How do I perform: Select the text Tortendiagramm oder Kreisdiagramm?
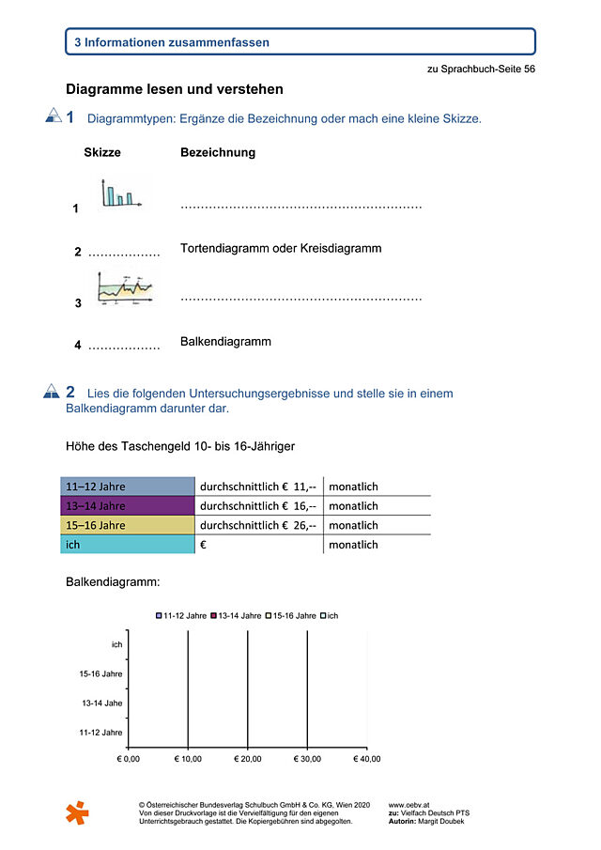pyautogui.click(x=281, y=249)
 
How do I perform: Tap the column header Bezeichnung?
pyautogui.click(x=217, y=152)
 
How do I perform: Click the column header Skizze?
pyautogui.click(x=102, y=152)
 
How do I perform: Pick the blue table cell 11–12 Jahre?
pyautogui.click(x=127, y=487)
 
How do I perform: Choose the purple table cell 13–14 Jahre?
pyautogui.click(x=127, y=505)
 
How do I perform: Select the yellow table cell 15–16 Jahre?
pyautogui.click(x=127, y=525)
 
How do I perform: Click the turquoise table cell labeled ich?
pyautogui.click(x=127, y=545)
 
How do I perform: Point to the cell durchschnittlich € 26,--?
pyautogui.click(x=258, y=525)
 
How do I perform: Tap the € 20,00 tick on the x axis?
pyautogui.click(x=248, y=758)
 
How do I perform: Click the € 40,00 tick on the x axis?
pyautogui.click(x=367, y=758)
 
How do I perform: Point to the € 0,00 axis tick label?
pyautogui.click(x=128, y=758)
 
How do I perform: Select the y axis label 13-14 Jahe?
pyautogui.click(x=102, y=703)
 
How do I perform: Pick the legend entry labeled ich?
pyautogui.click(x=329, y=615)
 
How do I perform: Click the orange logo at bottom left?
pyautogui.click(x=77, y=812)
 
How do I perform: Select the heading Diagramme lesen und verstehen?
pyautogui.click(x=174, y=89)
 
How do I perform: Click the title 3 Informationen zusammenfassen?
pyautogui.click(x=172, y=42)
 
